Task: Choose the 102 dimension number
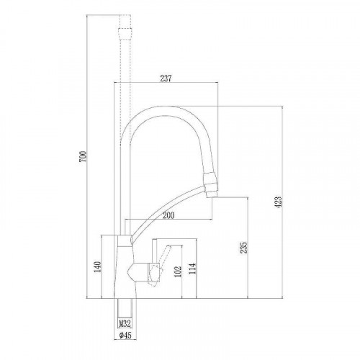[177, 274]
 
